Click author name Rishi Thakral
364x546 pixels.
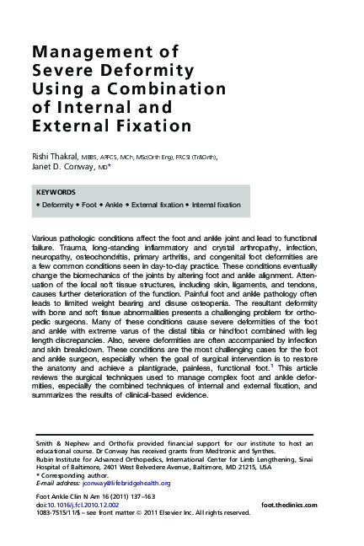55,157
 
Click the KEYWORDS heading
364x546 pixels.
57,192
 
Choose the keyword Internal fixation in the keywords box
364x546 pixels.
217,205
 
